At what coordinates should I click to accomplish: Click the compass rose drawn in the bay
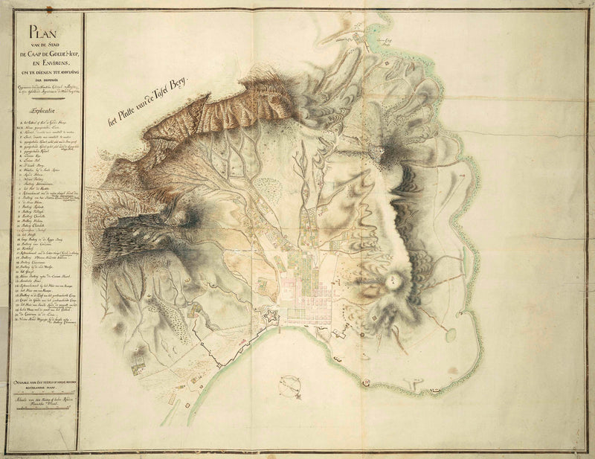[x=290, y=385]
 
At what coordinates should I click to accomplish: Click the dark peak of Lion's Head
[x=387, y=152]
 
